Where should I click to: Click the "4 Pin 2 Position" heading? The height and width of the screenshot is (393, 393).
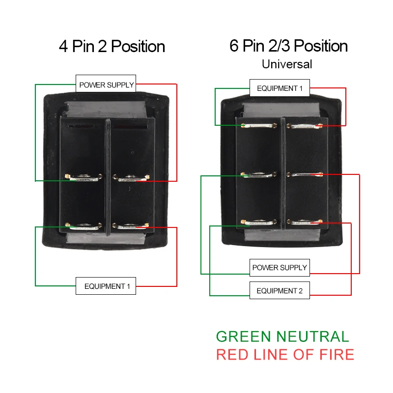pos(112,47)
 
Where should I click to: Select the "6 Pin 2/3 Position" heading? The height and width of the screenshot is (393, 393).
pos(288,46)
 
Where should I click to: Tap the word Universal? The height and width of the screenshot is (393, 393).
pos(287,64)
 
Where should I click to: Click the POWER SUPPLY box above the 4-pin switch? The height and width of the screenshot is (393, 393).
pos(106,85)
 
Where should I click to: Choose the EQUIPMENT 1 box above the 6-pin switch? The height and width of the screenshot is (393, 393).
pos(280,89)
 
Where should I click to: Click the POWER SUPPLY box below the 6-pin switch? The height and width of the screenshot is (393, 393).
pos(280,268)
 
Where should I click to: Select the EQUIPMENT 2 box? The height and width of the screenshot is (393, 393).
pos(280,291)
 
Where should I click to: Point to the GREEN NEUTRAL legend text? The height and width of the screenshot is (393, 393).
pos(282,337)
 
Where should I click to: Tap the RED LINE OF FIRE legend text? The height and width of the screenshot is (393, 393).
pos(285,354)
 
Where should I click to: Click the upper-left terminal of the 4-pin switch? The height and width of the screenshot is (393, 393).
pos(83,178)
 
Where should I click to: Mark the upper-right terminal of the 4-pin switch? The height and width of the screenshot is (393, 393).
pos(131,178)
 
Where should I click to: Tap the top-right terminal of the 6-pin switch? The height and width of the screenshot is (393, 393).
pos(305,126)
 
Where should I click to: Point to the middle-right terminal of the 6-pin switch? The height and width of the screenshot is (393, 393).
pos(305,174)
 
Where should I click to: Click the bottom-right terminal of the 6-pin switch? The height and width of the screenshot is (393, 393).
pos(305,223)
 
